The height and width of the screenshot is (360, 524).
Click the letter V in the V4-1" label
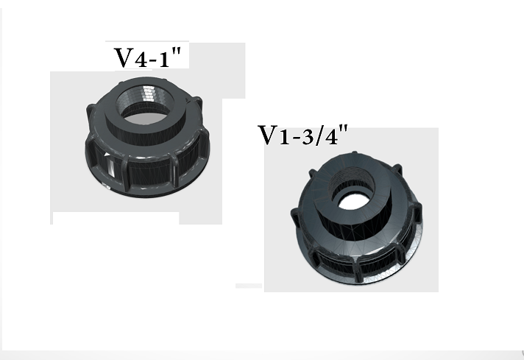[122, 57]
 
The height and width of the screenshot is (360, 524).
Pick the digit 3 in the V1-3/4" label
[308, 138]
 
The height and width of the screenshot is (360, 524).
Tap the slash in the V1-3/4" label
[319, 136]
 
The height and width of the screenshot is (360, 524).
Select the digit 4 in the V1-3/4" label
[331, 138]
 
